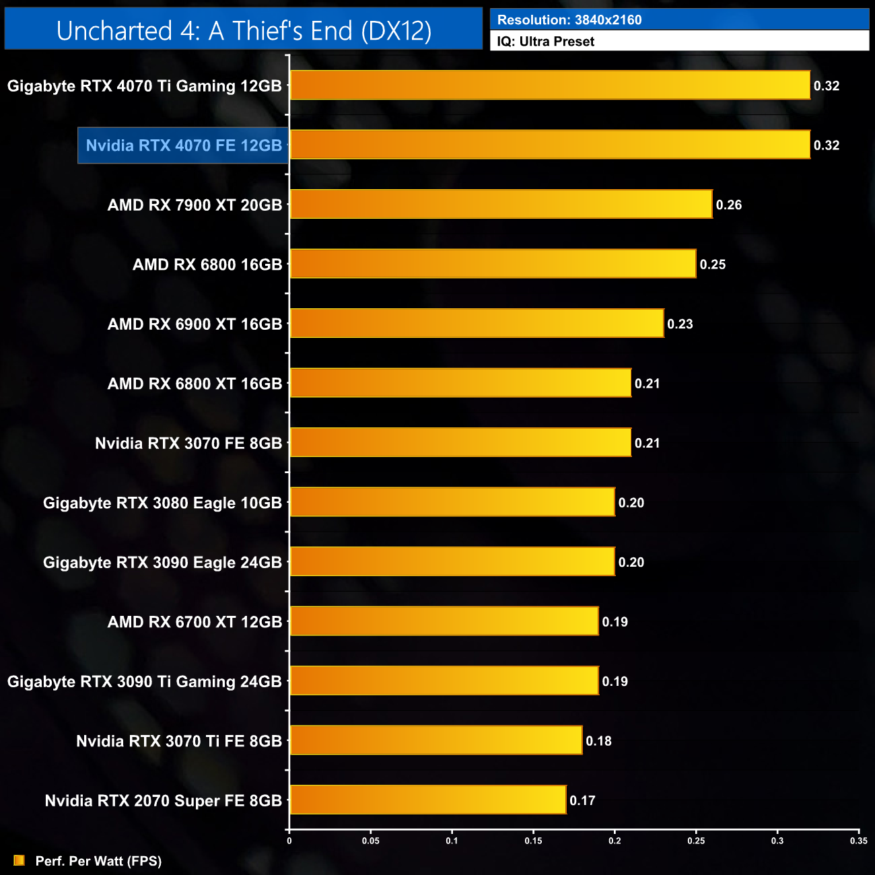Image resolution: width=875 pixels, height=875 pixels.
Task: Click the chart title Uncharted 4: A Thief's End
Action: tap(244, 31)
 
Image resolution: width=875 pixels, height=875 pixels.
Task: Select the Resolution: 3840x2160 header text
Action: tap(569, 20)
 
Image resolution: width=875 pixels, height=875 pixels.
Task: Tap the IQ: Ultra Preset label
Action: tap(546, 42)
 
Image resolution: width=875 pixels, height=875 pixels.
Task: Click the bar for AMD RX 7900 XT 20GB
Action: tap(501, 205)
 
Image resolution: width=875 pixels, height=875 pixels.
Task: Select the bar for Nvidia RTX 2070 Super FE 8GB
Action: tap(428, 800)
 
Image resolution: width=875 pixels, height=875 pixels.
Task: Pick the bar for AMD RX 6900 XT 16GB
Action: tap(477, 324)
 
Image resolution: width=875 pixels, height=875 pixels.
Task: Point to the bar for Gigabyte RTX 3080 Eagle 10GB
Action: tap(452, 502)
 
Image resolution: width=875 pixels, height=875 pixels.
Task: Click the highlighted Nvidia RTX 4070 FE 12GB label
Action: tap(184, 145)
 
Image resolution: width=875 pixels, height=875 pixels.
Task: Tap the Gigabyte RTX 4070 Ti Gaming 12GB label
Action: tap(145, 86)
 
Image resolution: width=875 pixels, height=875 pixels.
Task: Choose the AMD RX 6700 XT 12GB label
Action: tap(195, 622)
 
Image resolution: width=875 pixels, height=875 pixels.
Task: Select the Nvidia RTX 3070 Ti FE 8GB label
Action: tap(179, 741)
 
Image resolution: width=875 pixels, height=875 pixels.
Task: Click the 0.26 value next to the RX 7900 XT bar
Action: tap(729, 205)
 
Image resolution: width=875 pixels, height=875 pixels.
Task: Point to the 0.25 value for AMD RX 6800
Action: tap(713, 265)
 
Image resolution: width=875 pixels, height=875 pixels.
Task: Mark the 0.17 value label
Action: tap(583, 800)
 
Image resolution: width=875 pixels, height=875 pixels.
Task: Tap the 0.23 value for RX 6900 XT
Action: tap(680, 324)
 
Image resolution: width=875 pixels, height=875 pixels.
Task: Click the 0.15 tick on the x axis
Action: tap(533, 841)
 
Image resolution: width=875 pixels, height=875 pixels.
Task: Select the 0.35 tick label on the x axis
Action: tap(859, 841)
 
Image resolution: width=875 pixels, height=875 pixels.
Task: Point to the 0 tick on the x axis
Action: tap(289, 841)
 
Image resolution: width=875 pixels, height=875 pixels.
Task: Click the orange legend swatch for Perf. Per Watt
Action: tap(19, 861)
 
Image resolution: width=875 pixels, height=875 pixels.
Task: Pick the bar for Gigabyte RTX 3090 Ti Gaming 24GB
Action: tap(444, 680)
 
